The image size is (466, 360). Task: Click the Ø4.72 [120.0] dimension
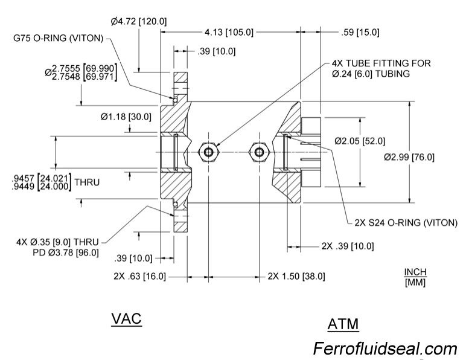coord(139,22)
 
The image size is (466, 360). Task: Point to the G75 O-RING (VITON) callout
coord(59,38)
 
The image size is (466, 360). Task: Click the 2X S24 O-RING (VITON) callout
coord(406,222)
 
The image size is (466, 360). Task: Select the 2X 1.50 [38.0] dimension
coord(296,276)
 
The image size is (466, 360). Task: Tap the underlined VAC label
coord(126,318)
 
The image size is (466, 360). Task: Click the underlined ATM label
coord(343,324)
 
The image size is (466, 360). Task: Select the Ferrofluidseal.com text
coord(385,349)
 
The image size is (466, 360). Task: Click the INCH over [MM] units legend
coord(415,278)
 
